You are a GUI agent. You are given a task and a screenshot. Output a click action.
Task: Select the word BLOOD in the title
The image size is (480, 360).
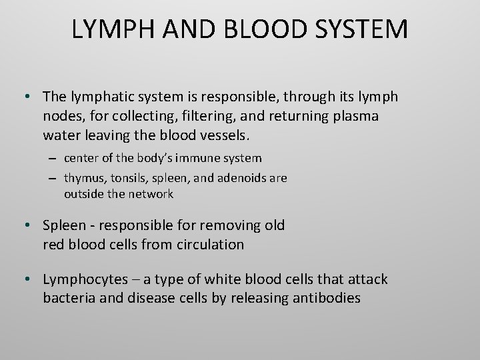[x=257, y=29]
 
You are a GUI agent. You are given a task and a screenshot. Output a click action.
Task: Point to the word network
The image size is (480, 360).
[x=151, y=194]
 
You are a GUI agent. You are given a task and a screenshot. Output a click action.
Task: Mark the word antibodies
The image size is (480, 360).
[x=327, y=298]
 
